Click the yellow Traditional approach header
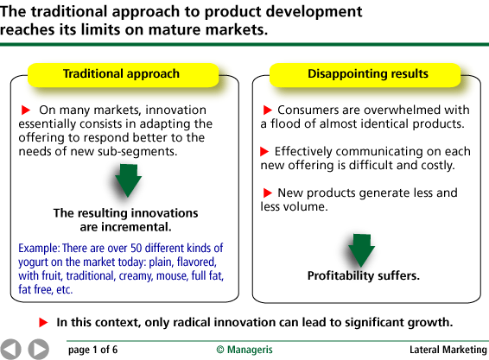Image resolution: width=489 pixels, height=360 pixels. (x=124, y=75)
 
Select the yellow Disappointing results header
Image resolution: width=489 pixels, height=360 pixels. (x=365, y=75)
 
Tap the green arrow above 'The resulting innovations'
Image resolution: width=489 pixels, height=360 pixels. (x=128, y=180)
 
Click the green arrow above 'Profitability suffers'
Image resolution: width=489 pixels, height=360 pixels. (x=361, y=250)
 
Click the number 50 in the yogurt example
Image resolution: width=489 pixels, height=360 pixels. (x=137, y=248)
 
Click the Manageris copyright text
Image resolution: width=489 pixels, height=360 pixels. (x=244, y=350)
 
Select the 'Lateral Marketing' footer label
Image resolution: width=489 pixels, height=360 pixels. (x=448, y=350)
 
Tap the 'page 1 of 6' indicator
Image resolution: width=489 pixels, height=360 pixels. (x=93, y=350)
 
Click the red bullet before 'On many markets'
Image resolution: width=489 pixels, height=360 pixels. (x=26, y=110)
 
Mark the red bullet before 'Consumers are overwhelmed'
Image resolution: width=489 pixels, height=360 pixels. (x=268, y=110)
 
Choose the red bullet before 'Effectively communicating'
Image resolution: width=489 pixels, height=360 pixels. (x=264, y=151)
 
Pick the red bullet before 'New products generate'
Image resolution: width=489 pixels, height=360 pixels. (x=268, y=193)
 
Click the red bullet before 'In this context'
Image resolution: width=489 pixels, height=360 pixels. (x=43, y=323)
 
